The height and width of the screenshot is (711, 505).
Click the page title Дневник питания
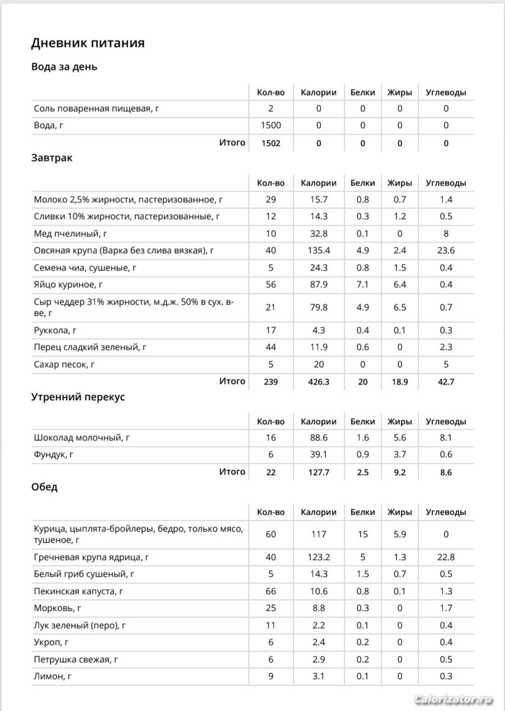(x=88, y=43)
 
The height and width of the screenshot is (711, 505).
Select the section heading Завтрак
(x=52, y=158)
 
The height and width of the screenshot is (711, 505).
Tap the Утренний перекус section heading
(x=78, y=397)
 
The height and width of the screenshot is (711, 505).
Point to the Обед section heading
(x=45, y=487)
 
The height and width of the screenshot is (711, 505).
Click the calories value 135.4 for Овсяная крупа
(x=318, y=250)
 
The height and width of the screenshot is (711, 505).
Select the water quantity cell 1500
(x=271, y=125)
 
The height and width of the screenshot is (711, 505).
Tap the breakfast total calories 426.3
(x=318, y=382)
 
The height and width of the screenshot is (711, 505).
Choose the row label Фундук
(x=54, y=454)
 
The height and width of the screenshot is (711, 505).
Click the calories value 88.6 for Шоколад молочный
(x=318, y=438)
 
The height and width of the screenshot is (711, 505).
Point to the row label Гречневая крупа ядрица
(x=91, y=557)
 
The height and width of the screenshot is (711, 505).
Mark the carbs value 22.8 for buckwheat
(x=446, y=557)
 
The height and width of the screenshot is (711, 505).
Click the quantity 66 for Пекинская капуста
(x=271, y=591)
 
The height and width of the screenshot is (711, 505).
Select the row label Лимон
(x=53, y=676)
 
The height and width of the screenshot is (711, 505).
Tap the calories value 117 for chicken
(x=318, y=534)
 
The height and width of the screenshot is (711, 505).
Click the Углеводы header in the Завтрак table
(x=446, y=183)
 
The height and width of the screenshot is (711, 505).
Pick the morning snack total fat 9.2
(x=399, y=472)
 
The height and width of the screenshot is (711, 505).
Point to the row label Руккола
(x=54, y=330)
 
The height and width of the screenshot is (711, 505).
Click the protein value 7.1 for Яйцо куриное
(x=362, y=285)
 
